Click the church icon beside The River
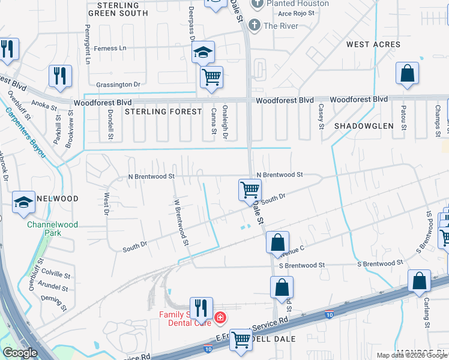[x=255, y=25]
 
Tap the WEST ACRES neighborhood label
[x=373, y=44]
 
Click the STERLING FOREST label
[x=163, y=112]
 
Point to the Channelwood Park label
[x=47, y=230]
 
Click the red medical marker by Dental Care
[x=220, y=317]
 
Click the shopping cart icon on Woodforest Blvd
[x=211, y=77]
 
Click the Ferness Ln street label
[x=106, y=48]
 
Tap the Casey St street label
[x=321, y=116]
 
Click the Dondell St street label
[x=110, y=124]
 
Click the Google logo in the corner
[x=19, y=353]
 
